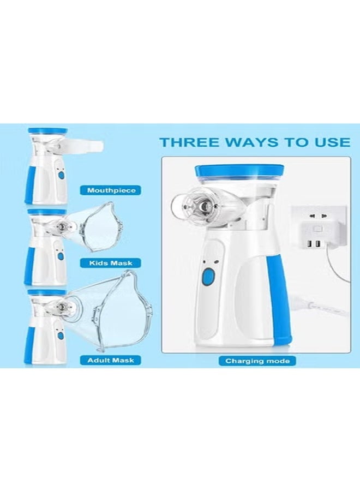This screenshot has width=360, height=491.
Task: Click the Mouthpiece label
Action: pos(111,190)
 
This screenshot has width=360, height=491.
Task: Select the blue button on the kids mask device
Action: pos(61,255)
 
